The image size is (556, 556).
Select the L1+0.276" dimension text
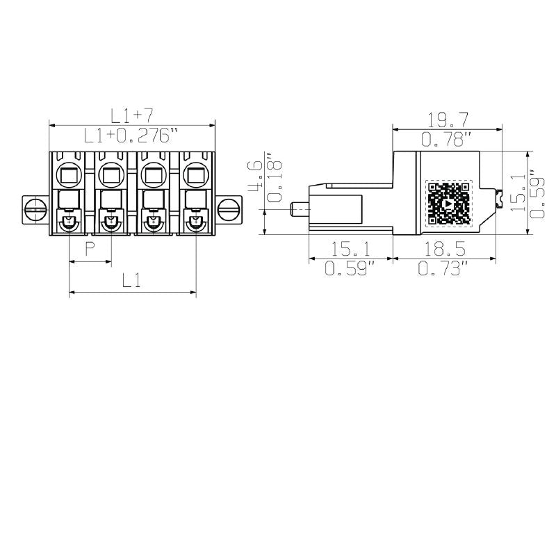131,135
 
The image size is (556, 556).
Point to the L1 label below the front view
132,281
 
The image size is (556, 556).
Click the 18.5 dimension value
442,249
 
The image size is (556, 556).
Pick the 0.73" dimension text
442,268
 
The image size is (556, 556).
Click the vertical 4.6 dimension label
255,177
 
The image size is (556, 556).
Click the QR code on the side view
448,204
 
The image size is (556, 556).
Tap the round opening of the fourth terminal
195,173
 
